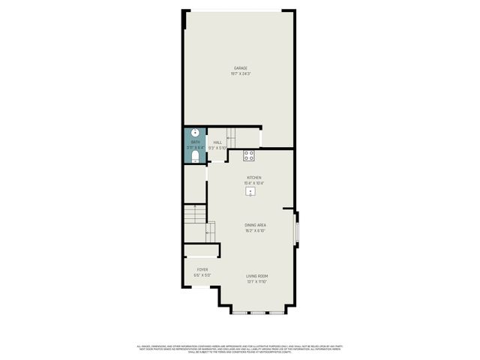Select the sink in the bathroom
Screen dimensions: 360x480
point(195,133)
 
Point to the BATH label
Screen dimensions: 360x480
point(195,142)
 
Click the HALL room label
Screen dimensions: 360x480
point(217,142)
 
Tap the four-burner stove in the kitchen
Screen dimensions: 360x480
point(249,156)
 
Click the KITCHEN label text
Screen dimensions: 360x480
point(254,178)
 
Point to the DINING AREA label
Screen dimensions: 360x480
point(256,225)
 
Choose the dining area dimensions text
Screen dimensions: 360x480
point(256,231)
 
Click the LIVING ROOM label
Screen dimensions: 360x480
point(257,276)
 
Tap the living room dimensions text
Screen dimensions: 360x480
point(257,282)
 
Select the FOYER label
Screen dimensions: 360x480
point(202,269)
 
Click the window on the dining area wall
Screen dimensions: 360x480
point(297,229)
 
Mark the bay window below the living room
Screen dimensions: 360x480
point(258,311)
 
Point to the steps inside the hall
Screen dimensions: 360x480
point(231,137)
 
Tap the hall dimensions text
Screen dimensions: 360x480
point(217,148)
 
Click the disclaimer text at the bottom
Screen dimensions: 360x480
point(240,349)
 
